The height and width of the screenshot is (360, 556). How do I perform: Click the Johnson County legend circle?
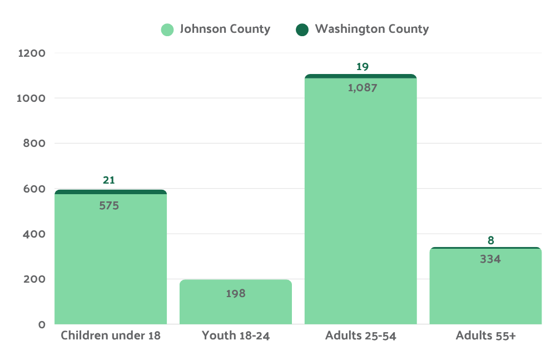coord(167,29)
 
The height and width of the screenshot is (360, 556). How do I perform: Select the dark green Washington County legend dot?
coord(302,29)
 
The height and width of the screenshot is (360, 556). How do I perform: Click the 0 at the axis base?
coord(42,324)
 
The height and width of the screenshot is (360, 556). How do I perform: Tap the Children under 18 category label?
coord(111,336)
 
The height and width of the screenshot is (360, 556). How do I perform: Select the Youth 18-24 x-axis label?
coord(236,336)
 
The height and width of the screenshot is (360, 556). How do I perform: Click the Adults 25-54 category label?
coord(361,336)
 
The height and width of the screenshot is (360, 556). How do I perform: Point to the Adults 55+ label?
coord(486,336)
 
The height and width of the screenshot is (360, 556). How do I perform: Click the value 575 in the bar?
coord(109,205)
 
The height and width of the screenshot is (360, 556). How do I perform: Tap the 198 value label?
coord(236,293)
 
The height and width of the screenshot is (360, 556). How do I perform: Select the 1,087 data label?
coord(363,87)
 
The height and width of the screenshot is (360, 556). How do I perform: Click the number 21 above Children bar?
coord(109,180)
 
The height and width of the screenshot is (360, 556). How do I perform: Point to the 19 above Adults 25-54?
coord(363,67)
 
